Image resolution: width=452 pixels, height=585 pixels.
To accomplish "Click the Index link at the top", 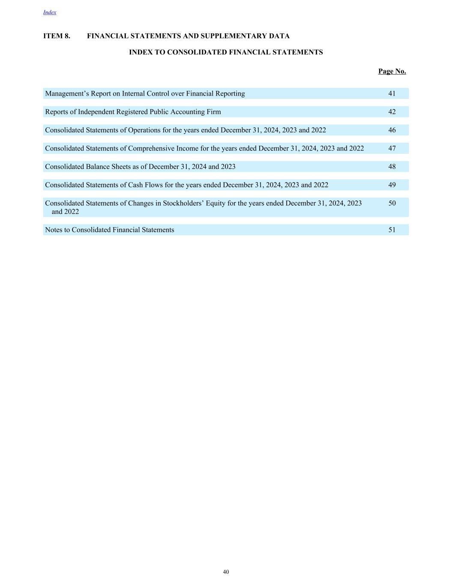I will [50, 12].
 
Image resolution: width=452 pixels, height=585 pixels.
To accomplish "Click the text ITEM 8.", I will [57, 36].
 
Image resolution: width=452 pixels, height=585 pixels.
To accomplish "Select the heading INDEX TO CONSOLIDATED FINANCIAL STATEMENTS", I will [226, 52].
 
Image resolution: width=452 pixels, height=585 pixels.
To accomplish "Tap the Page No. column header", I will [392, 71].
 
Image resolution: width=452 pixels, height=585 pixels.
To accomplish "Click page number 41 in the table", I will [392, 93].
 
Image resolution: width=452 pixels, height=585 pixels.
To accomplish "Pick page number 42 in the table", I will [392, 112].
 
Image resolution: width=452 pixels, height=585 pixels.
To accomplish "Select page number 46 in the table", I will [392, 130].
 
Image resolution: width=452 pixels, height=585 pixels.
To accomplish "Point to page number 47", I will [392, 148].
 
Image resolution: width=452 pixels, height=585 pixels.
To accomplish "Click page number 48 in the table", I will [392, 167].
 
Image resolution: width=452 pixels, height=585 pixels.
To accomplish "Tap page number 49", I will [392, 185].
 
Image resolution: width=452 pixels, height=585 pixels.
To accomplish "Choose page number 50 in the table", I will [392, 203].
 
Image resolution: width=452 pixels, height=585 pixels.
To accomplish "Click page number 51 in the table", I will [392, 230].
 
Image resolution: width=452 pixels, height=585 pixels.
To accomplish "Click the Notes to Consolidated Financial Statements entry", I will [110, 230].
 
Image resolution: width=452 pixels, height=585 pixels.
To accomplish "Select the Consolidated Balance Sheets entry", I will [140, 167].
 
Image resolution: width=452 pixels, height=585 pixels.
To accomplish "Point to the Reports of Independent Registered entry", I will [133, 112].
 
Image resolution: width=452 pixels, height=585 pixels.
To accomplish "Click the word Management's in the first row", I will [67, 93].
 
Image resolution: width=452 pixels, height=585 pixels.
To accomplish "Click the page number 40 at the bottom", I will [226, 572].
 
